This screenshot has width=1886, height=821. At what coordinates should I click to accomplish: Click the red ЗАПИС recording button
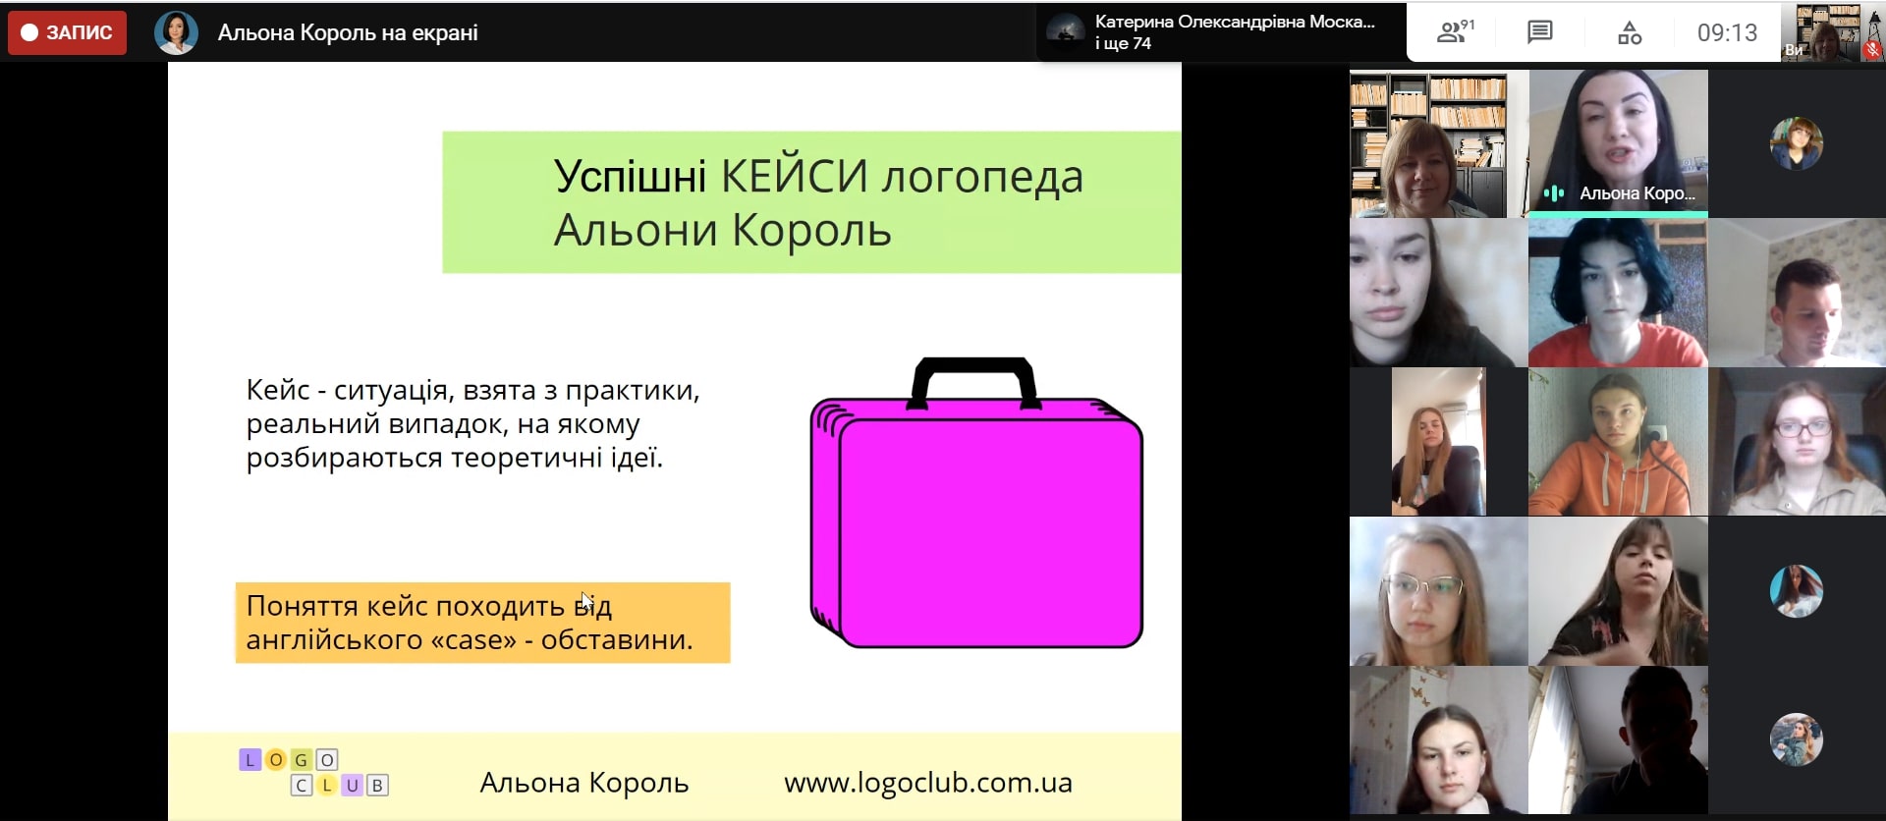pyautogui.click(x=67, y=32)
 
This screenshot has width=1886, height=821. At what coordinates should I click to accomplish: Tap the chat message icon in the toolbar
pyautogui.click(x=1539, y=32)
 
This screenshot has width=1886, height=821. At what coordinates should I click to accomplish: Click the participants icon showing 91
pyautogui.click(x=1454, y=32)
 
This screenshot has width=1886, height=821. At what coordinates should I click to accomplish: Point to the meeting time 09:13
pyautogui.click(x=1727, y=32)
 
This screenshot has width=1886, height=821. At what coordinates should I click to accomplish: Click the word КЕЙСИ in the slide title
pyautogui.click(x=794, y=177)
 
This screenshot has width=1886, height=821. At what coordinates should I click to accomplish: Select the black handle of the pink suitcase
pyautogui.click(x=973, y=379)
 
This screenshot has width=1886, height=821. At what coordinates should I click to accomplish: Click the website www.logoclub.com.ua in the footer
pyautogui.click(x=927, y=783)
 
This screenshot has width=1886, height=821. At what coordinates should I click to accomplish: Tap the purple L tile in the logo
pyautogui.click(x=250, y=759)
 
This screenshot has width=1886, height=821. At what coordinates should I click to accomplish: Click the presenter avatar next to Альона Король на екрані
pyautogui.click(x=176, y=32)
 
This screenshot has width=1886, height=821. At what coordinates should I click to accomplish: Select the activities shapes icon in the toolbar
pyautogui.click(x=1630, y=32)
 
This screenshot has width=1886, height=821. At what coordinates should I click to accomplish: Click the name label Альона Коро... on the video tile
pyautogui.click(x=1636, y=193)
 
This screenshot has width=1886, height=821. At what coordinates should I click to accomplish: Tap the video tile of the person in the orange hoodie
pyautogui.click(x=1618, y=442)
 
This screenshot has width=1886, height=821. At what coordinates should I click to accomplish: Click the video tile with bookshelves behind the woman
pyautogui.click(x=1438, y=143)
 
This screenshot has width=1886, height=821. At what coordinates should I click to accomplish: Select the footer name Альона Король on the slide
pyautogui.click(x=583, y=783)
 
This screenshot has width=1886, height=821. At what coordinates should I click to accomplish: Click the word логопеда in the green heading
pyautogui.click(x=981, y=177)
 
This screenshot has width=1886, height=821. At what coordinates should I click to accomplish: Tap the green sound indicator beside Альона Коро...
pyautogui.click(x=1553, y=193)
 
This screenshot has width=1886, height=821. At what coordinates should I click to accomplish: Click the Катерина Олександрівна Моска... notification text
pyautogui.click(x=1234, y=22)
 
